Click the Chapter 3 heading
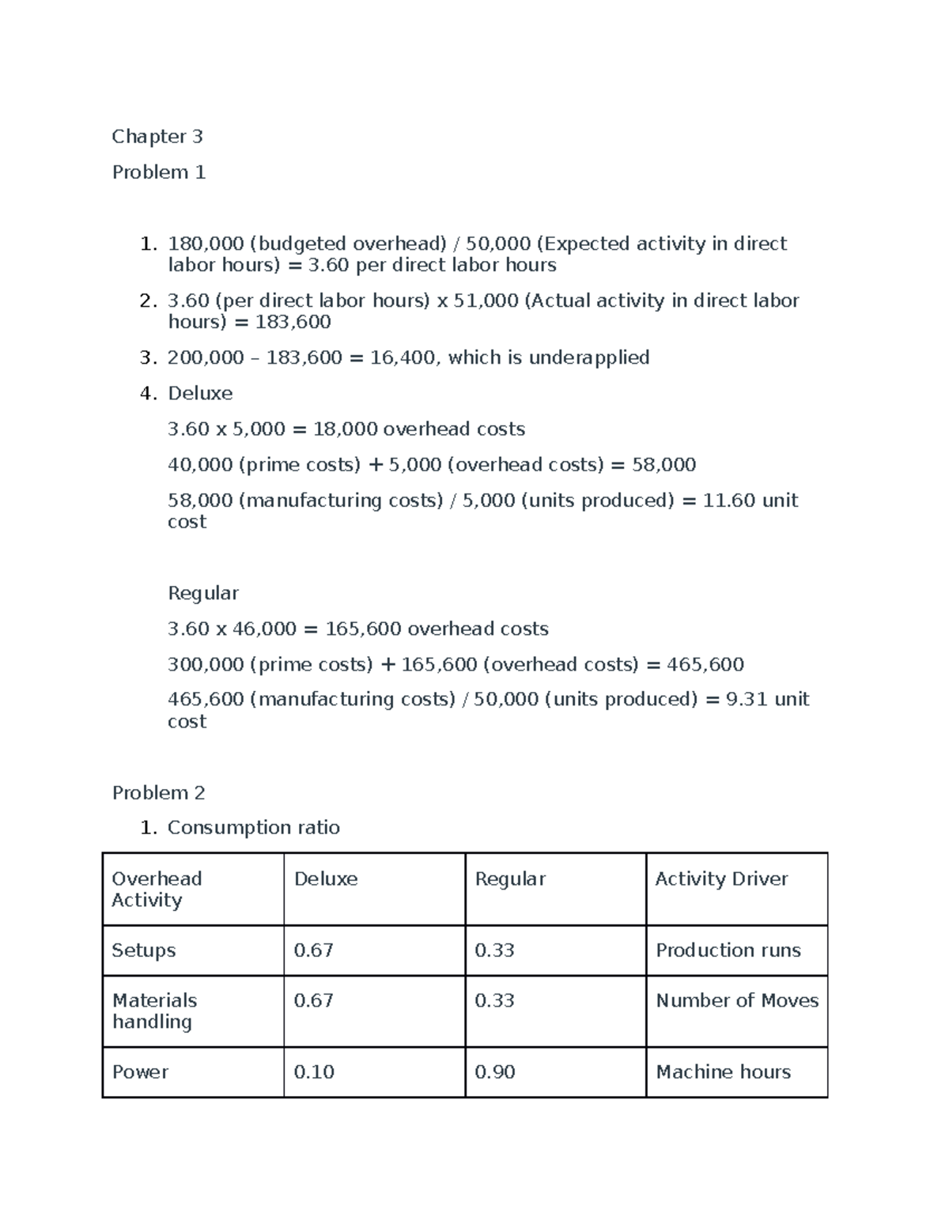click(x=157, y=137)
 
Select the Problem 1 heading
click(x=159, y=172)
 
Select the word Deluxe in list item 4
click(x=200, y=393)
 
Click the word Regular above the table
click(x=203, y=593)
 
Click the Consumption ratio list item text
click(x=253, y=827)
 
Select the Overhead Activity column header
click(x=157, y=889)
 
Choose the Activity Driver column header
click(x=721, y=878)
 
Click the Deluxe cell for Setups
click(x=313, y=950)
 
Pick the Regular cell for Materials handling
click(x=494, y=1000)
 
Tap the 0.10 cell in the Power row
click(x=314, y=1071)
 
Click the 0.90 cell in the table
click(x=494, y=1071)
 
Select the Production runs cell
click(x=728, y=950)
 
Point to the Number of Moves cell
click(x=737, y=1000)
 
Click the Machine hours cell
click(x=724, y=1071)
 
